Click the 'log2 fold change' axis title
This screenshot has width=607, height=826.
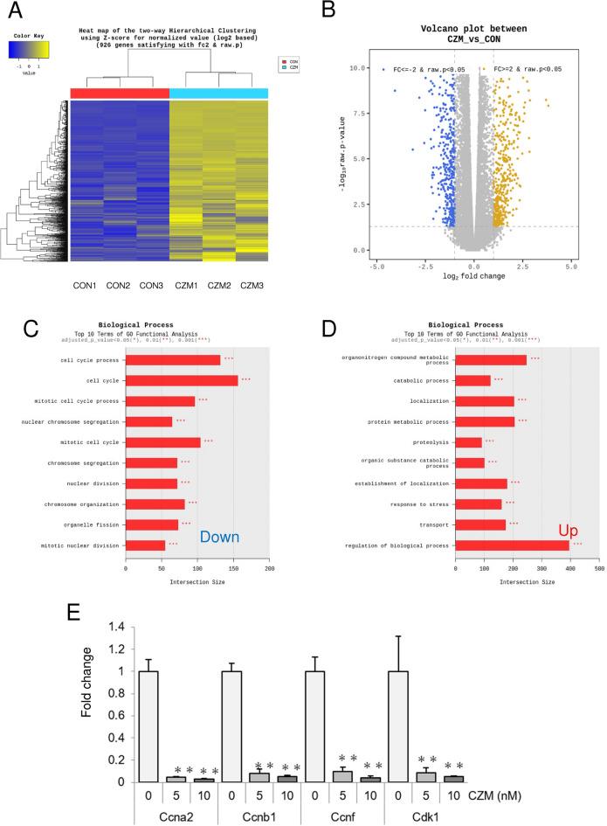(475, 276)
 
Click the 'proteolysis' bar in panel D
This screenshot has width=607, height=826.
(469, 441)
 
